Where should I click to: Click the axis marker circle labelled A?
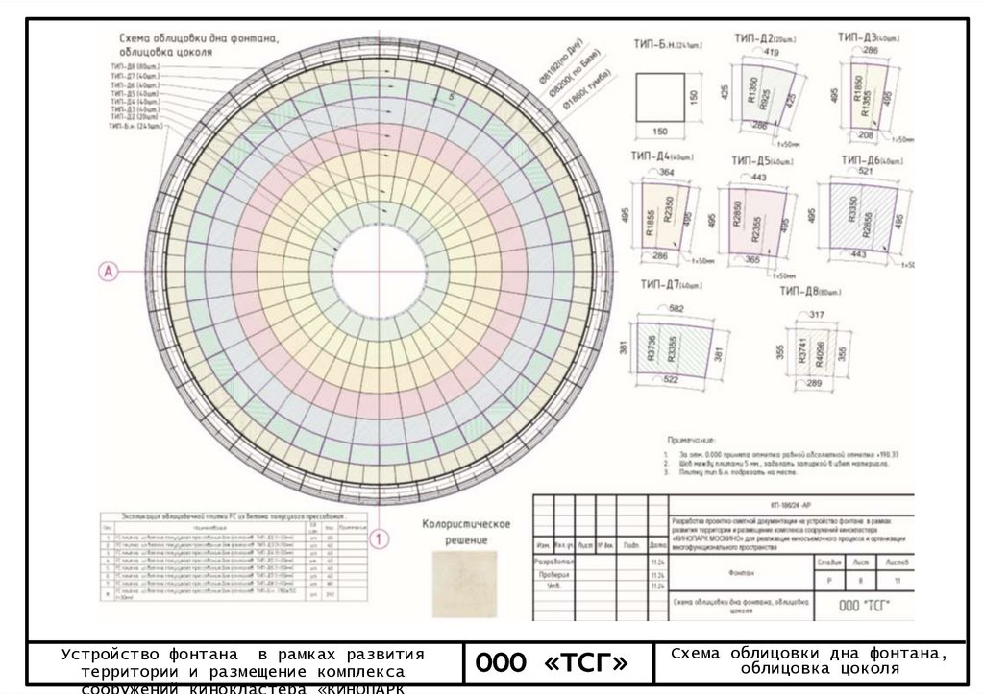pos(109,272)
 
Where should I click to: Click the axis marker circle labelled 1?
pos(381,539)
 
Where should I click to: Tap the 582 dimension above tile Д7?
pos(676,308)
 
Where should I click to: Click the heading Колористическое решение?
pos(466,531)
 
